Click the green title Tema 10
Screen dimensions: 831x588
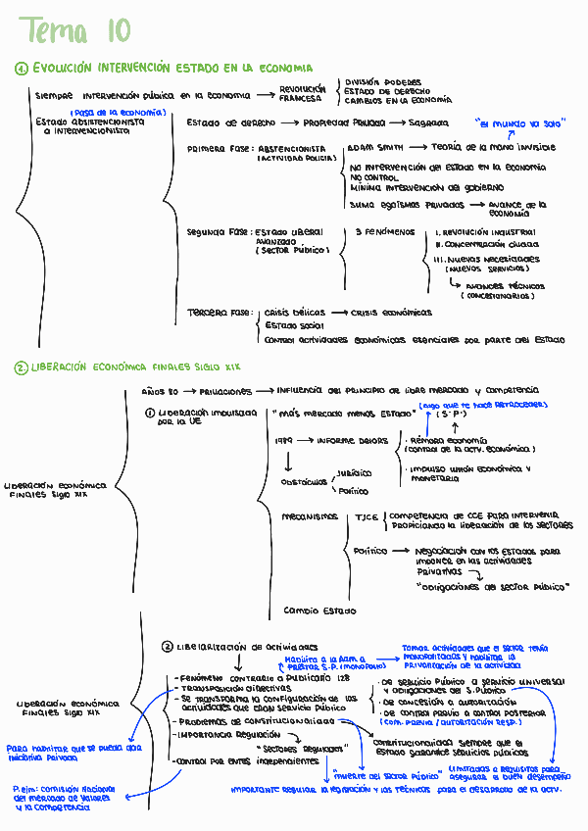point(73,31)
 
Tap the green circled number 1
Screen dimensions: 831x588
point(22,69)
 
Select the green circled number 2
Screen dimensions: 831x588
point(21,367)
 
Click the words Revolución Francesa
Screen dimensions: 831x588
point(302,93)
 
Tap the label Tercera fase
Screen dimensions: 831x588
point(220,313)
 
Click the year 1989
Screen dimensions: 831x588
point(284,441)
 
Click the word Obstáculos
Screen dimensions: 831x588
point(304,482)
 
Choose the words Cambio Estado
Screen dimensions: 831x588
point(319,611)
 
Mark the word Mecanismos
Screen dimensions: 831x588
point(310,516)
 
